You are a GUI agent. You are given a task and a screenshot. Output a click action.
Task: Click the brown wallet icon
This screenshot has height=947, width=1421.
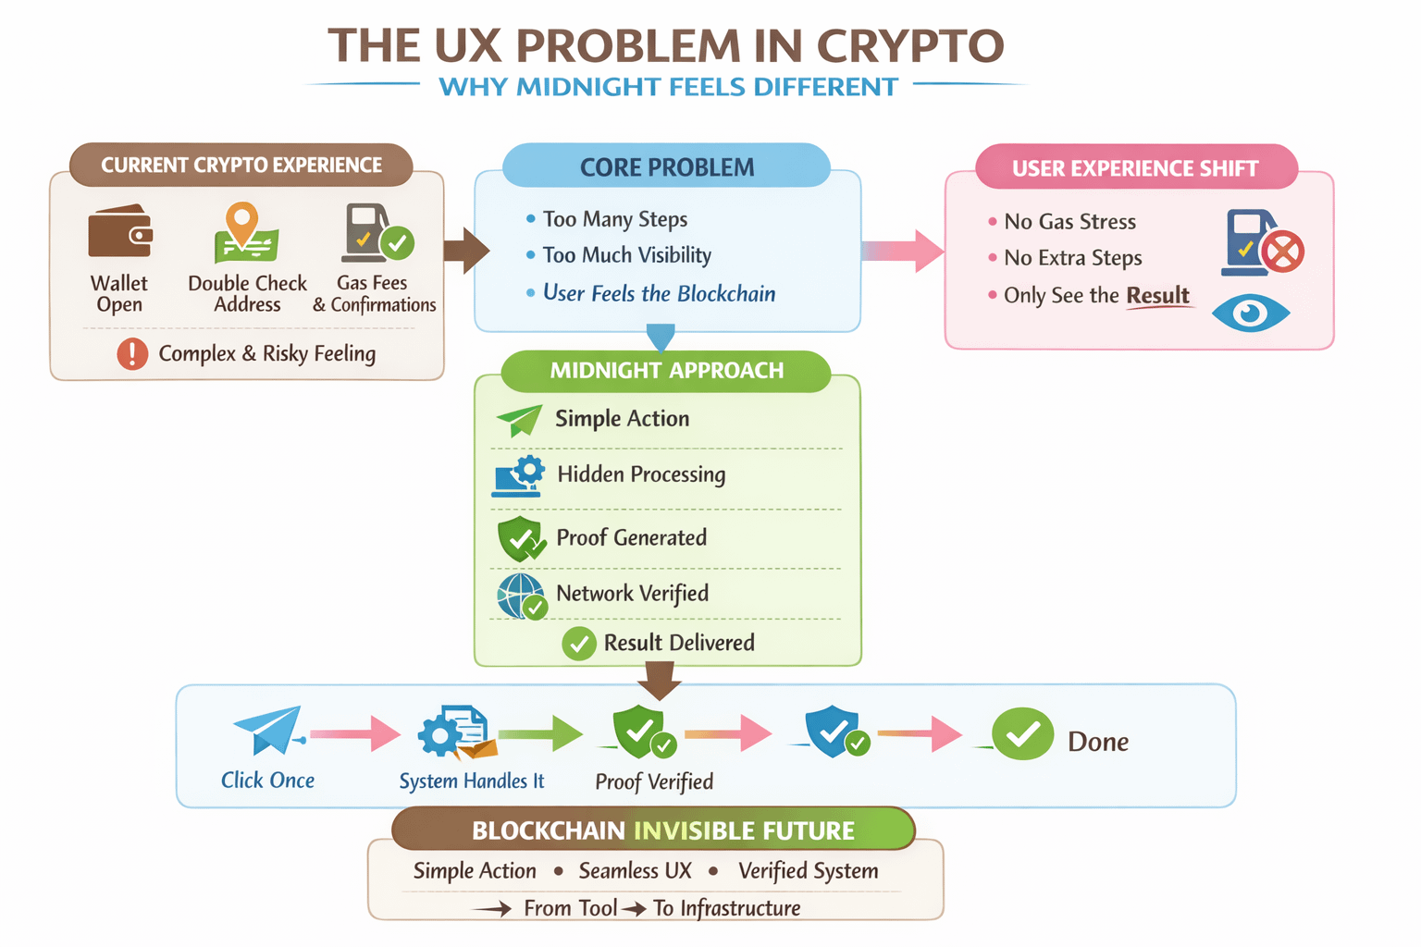(119, 231)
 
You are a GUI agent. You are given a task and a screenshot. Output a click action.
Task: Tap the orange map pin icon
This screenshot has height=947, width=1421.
(242, 222)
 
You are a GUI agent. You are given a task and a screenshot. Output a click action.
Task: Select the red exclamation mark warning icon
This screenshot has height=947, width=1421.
(132, 353)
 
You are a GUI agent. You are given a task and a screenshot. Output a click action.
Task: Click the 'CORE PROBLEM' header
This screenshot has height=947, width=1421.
(666, 167)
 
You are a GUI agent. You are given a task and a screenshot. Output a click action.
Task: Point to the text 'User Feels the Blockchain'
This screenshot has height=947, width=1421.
(659, 294)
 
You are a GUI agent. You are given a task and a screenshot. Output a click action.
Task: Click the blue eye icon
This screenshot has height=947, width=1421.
(1251, 313)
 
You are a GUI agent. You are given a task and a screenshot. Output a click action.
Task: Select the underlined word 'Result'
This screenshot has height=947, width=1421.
(1157, 296)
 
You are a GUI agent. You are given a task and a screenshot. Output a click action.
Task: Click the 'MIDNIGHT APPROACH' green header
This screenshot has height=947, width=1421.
(666, 371)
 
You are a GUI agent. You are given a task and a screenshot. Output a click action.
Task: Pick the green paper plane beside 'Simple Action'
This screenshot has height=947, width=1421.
(520, 420)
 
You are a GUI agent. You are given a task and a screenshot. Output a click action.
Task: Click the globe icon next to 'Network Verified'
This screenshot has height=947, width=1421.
(520, 596)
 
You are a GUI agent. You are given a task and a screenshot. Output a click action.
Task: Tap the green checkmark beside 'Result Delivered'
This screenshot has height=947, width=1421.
(579, 643)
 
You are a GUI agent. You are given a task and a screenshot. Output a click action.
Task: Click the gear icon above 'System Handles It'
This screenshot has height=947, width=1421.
(440, 735)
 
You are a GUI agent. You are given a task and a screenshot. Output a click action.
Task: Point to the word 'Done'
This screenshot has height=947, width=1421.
(1098, 742)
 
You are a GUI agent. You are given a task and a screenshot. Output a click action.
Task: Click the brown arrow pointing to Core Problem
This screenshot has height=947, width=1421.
(465, 250)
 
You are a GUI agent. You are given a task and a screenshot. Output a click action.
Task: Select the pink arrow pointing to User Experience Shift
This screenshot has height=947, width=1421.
(902, 251)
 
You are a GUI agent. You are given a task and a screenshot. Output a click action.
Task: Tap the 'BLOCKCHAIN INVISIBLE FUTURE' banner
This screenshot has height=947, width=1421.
(653, 830)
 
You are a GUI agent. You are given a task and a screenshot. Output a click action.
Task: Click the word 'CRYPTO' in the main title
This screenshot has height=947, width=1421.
(910, 46)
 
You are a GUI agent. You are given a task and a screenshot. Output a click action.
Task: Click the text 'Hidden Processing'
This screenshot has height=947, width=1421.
(641, 474)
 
